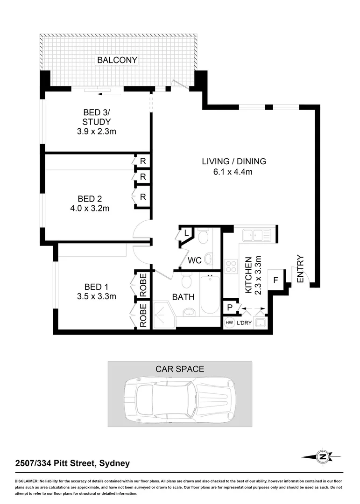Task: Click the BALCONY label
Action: pos(117,60)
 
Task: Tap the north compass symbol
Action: pos(322,457)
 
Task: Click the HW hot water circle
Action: pos(229,323)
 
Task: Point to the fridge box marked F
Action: pos(275,281)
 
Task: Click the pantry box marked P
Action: pos(229,308)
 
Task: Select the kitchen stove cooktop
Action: pos(231,266)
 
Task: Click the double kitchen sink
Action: pos(256,235)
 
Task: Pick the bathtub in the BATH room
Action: pos(209,295)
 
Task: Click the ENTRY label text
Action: pos(300,268)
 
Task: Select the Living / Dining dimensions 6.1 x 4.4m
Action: pos(234,172)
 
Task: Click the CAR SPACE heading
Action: pos(180,369)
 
